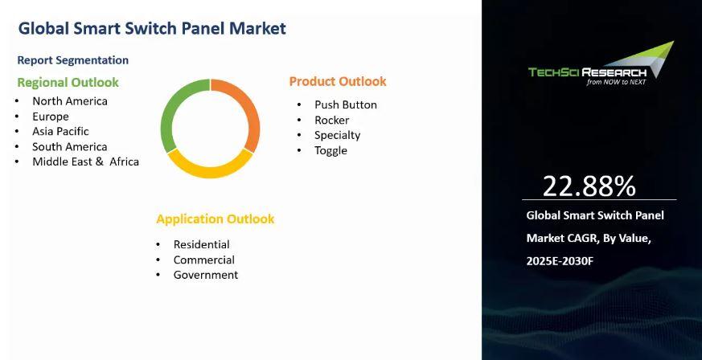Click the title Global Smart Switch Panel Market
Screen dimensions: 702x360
[x=152, y=29]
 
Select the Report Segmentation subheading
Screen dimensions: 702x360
[x=73, y=60]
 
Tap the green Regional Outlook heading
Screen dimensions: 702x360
[x=68, y=83]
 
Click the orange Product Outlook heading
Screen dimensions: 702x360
[x=338, y=81]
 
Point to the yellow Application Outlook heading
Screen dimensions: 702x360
[x=216, y=219]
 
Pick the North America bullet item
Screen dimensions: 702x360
[x=70, y=101]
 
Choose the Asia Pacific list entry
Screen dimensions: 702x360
[x=60, y=132]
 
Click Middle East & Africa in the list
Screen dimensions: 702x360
[x=85, y=162]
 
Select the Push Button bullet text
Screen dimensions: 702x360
[x=346, y=105]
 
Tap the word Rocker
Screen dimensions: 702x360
[x=332, y=121]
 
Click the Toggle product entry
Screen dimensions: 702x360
[x=330, y=151]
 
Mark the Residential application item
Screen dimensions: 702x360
[x=202, y=244]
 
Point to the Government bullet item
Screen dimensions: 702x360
[x=206, y=275]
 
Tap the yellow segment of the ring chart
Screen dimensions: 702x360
[x=210, y=169]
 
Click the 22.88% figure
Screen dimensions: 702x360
[x=589, y=186]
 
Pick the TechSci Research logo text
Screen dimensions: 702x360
[x=587, y=72]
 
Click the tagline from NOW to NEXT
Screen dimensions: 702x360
[x=617, y=82]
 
